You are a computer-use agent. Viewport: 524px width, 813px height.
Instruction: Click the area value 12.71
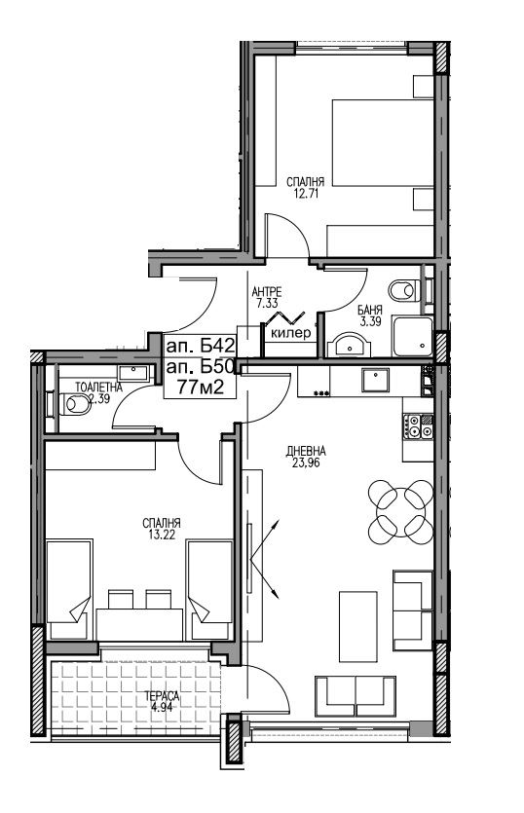(306, 194)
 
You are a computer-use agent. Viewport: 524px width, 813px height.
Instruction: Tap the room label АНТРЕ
(266, 292)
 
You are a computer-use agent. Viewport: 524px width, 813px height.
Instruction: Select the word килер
(291, 333)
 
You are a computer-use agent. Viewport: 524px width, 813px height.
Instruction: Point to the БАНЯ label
(370, 311)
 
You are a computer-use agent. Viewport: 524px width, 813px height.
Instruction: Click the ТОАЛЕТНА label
(99, 387)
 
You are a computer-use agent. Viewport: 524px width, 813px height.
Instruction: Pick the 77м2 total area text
(201, 387)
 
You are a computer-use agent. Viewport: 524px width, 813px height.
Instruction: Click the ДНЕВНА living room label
(306, 451)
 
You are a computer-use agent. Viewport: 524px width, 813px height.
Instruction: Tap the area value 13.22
(162, 535)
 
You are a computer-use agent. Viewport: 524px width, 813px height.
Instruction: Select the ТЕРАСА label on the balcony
(163, 696)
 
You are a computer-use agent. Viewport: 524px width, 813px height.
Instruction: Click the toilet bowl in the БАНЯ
(403, 290)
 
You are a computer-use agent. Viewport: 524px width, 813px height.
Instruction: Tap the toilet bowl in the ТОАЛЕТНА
(76, 405)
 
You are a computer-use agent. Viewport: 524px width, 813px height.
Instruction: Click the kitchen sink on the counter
(376, 381)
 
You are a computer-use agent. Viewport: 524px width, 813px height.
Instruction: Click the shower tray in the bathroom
(412, 336)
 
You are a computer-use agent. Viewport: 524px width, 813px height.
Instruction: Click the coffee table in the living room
(358, 626)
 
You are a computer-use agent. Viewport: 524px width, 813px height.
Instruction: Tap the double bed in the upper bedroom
(383, 142)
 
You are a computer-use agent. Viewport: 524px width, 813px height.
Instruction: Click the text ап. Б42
(201, 345)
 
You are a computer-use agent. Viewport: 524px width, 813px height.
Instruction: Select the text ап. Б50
(201, 366)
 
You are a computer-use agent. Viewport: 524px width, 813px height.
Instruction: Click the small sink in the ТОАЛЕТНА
(134, 372)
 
